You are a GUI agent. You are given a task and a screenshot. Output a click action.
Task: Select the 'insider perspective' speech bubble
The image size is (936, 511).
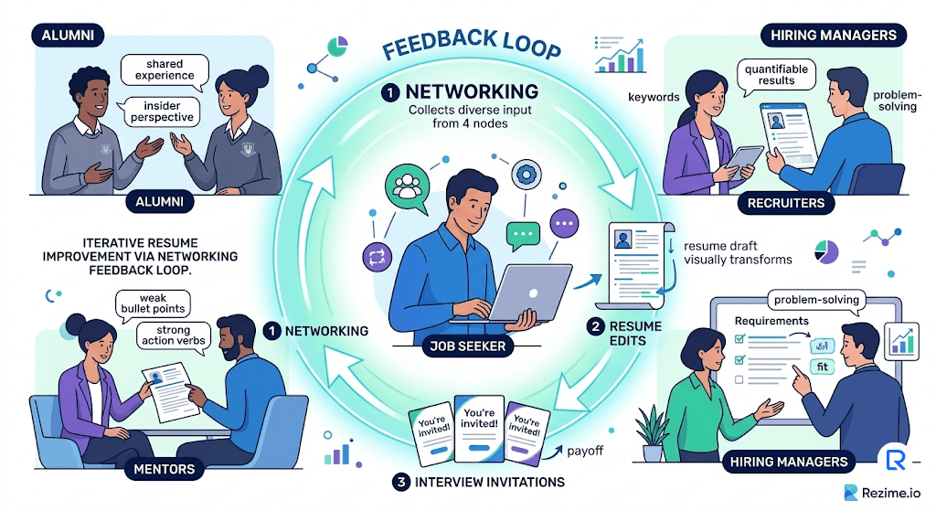click(162, 111)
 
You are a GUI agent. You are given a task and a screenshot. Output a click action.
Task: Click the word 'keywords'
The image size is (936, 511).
click(654, 97)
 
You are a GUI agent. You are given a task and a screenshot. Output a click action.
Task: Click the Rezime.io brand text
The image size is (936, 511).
click(896, 492)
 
